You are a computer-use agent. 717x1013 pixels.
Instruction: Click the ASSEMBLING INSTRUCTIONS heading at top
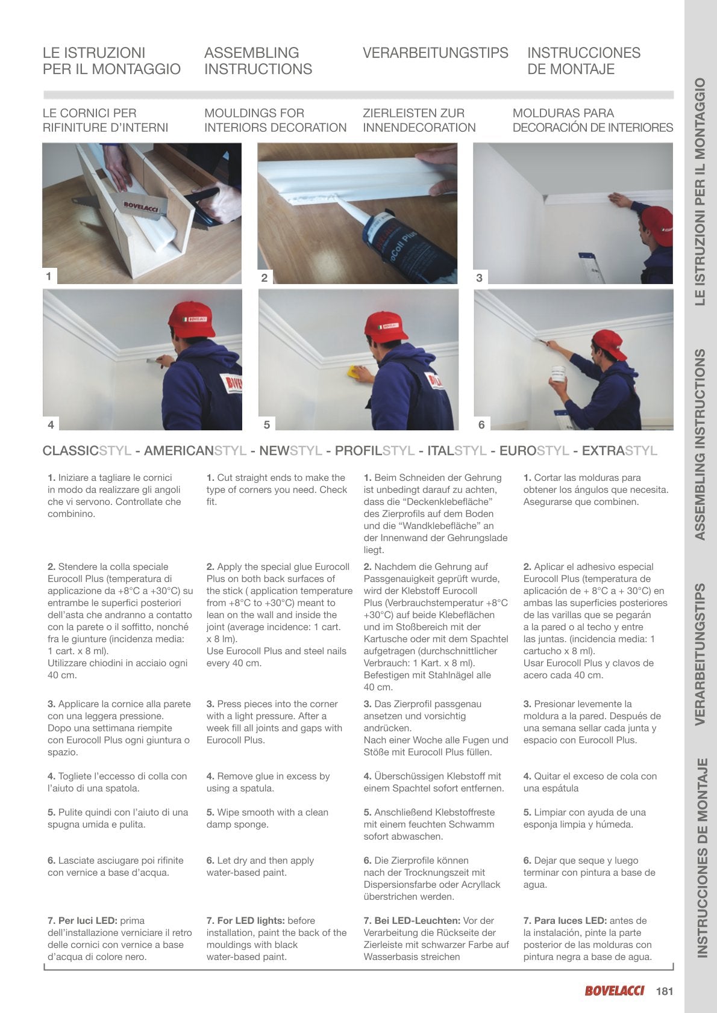point(258,61)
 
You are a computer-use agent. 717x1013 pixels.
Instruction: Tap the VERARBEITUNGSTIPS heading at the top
point(435,53)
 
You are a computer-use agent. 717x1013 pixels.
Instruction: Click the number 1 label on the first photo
point(49,276)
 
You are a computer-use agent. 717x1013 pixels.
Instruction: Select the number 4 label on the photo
point(51,424)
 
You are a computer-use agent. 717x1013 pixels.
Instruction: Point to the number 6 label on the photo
point(481,424)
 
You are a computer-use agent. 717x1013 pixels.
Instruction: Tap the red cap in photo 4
point(192,320)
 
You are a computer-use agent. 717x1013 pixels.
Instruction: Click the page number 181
point(664,991)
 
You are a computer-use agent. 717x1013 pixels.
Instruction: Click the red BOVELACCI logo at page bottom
point(614,991)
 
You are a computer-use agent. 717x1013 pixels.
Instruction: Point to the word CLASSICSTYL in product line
point(87,451)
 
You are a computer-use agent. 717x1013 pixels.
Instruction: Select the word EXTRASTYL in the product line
point(619,451)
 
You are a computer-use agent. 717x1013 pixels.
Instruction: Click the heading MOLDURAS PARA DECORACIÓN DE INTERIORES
point(592,120)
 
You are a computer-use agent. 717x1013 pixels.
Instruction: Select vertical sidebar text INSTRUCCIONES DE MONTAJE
point(701,857)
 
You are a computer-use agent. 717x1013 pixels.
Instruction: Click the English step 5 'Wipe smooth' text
point(267,818)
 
